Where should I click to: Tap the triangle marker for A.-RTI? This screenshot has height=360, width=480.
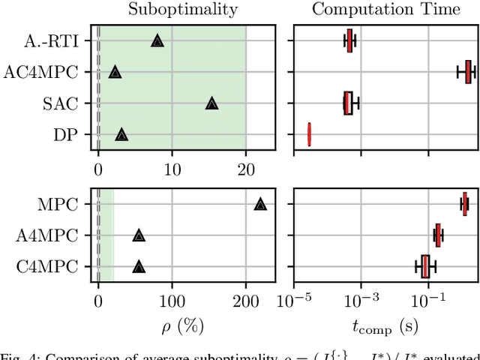[157, 41]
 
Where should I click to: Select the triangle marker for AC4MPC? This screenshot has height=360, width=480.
[115, 72]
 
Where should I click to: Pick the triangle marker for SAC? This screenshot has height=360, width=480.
[211, 103]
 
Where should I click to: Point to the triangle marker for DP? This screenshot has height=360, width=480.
[121, 135]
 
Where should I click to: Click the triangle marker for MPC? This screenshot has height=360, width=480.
[260, 204]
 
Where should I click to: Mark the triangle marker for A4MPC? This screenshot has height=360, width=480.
[139, 235]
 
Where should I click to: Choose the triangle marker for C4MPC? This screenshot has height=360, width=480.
[139, 266]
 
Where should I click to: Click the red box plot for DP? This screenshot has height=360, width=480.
[309, 135]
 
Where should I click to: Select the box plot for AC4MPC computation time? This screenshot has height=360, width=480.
[468, 72]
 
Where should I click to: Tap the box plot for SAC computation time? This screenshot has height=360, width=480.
[348, 103]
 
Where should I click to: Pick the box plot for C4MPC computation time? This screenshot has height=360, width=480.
[425, 266]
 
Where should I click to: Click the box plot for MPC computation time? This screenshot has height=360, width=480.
[465, 204]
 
